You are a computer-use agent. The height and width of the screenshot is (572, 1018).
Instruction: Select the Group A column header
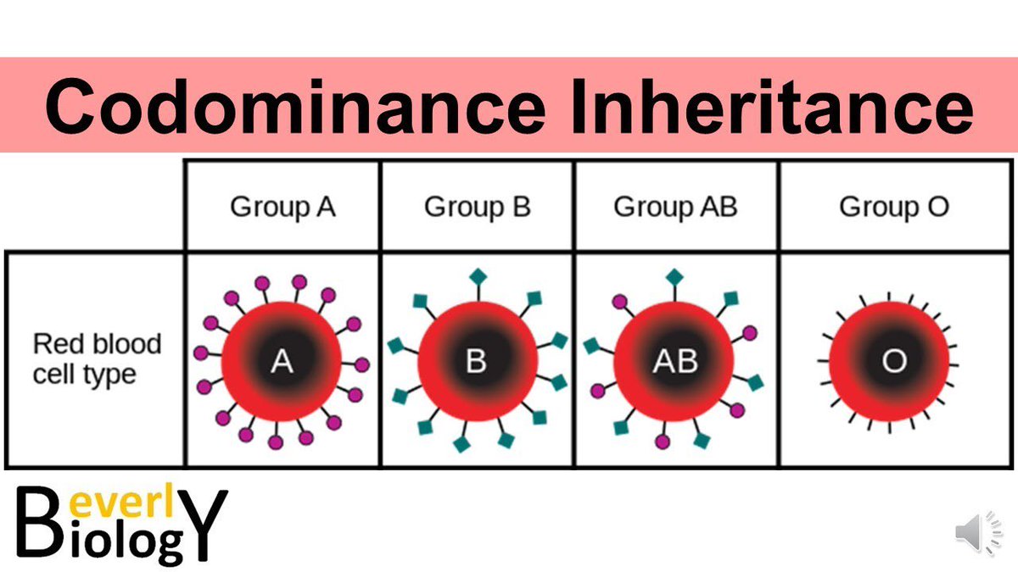point(282,207)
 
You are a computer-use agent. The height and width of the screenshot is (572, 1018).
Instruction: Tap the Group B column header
point(477,207)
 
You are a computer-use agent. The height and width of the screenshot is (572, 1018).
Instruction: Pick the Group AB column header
point(675,207)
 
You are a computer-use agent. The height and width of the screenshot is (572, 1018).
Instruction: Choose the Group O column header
point(894,207)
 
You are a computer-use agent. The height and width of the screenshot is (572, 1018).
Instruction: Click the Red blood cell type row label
point(96,358)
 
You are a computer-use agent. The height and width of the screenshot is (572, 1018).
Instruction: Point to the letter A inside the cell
point(282,363)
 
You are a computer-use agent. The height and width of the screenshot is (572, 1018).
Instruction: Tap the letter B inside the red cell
point(477,363)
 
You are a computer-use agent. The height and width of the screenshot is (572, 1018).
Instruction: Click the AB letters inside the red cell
point(675,363)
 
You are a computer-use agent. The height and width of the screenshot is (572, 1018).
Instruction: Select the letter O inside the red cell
point(893,363)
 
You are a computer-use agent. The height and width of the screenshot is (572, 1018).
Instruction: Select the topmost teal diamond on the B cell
point(478,275)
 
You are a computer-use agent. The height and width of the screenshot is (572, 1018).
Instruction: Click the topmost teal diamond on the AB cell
point(674,276)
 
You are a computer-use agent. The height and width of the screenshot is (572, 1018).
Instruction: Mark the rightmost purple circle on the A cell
point(362,365)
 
